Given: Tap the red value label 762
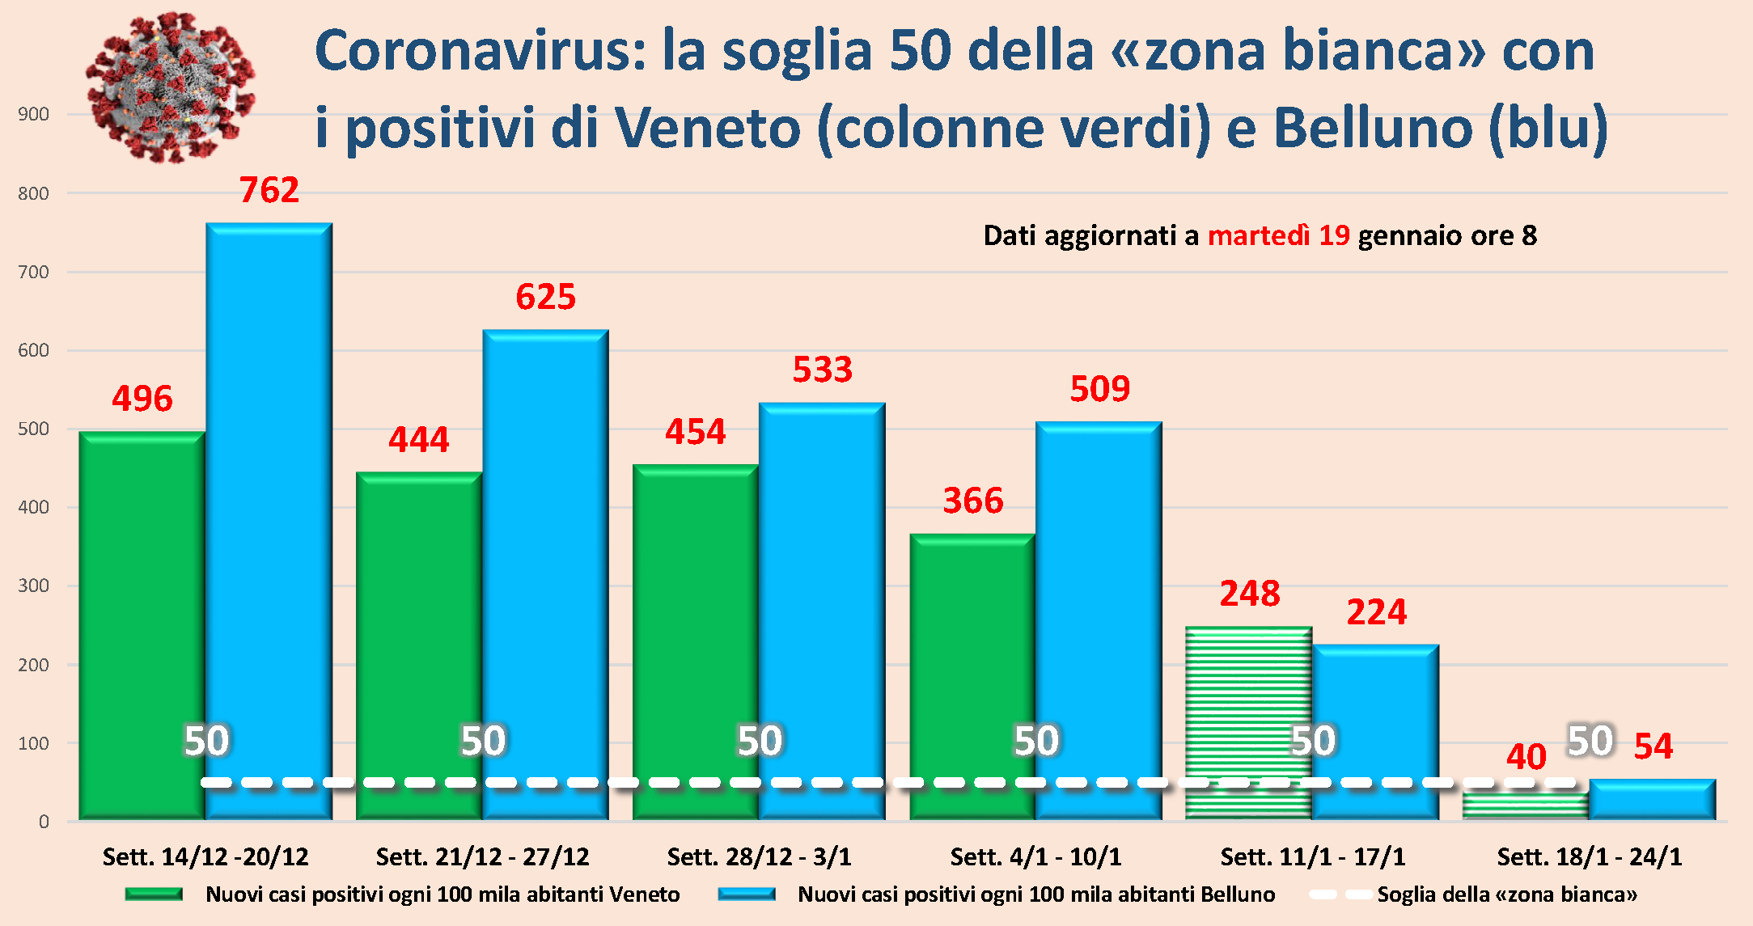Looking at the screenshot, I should coord(269,191).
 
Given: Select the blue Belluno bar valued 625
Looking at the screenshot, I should coord(546,566).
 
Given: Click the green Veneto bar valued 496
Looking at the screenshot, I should coord(142,623).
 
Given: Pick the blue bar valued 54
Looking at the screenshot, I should coord(1652,799).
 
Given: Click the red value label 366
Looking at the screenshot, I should coord(973,501).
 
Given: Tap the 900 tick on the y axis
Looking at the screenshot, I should coord(34,115).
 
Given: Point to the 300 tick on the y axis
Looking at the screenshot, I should coord(34,586).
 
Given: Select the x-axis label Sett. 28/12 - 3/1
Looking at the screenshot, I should coord(759,856).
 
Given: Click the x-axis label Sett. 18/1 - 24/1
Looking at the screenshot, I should coord(1589,856).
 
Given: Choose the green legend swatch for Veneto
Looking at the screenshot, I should coord(154,894).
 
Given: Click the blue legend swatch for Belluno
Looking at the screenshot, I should coord(746,894).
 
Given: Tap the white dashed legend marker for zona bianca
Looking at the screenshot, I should coord(1339,894).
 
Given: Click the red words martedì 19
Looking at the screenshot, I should coord(1278,235).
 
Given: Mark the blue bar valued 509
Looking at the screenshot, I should coord(1099,615).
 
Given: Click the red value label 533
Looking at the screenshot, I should coord(822,370).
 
